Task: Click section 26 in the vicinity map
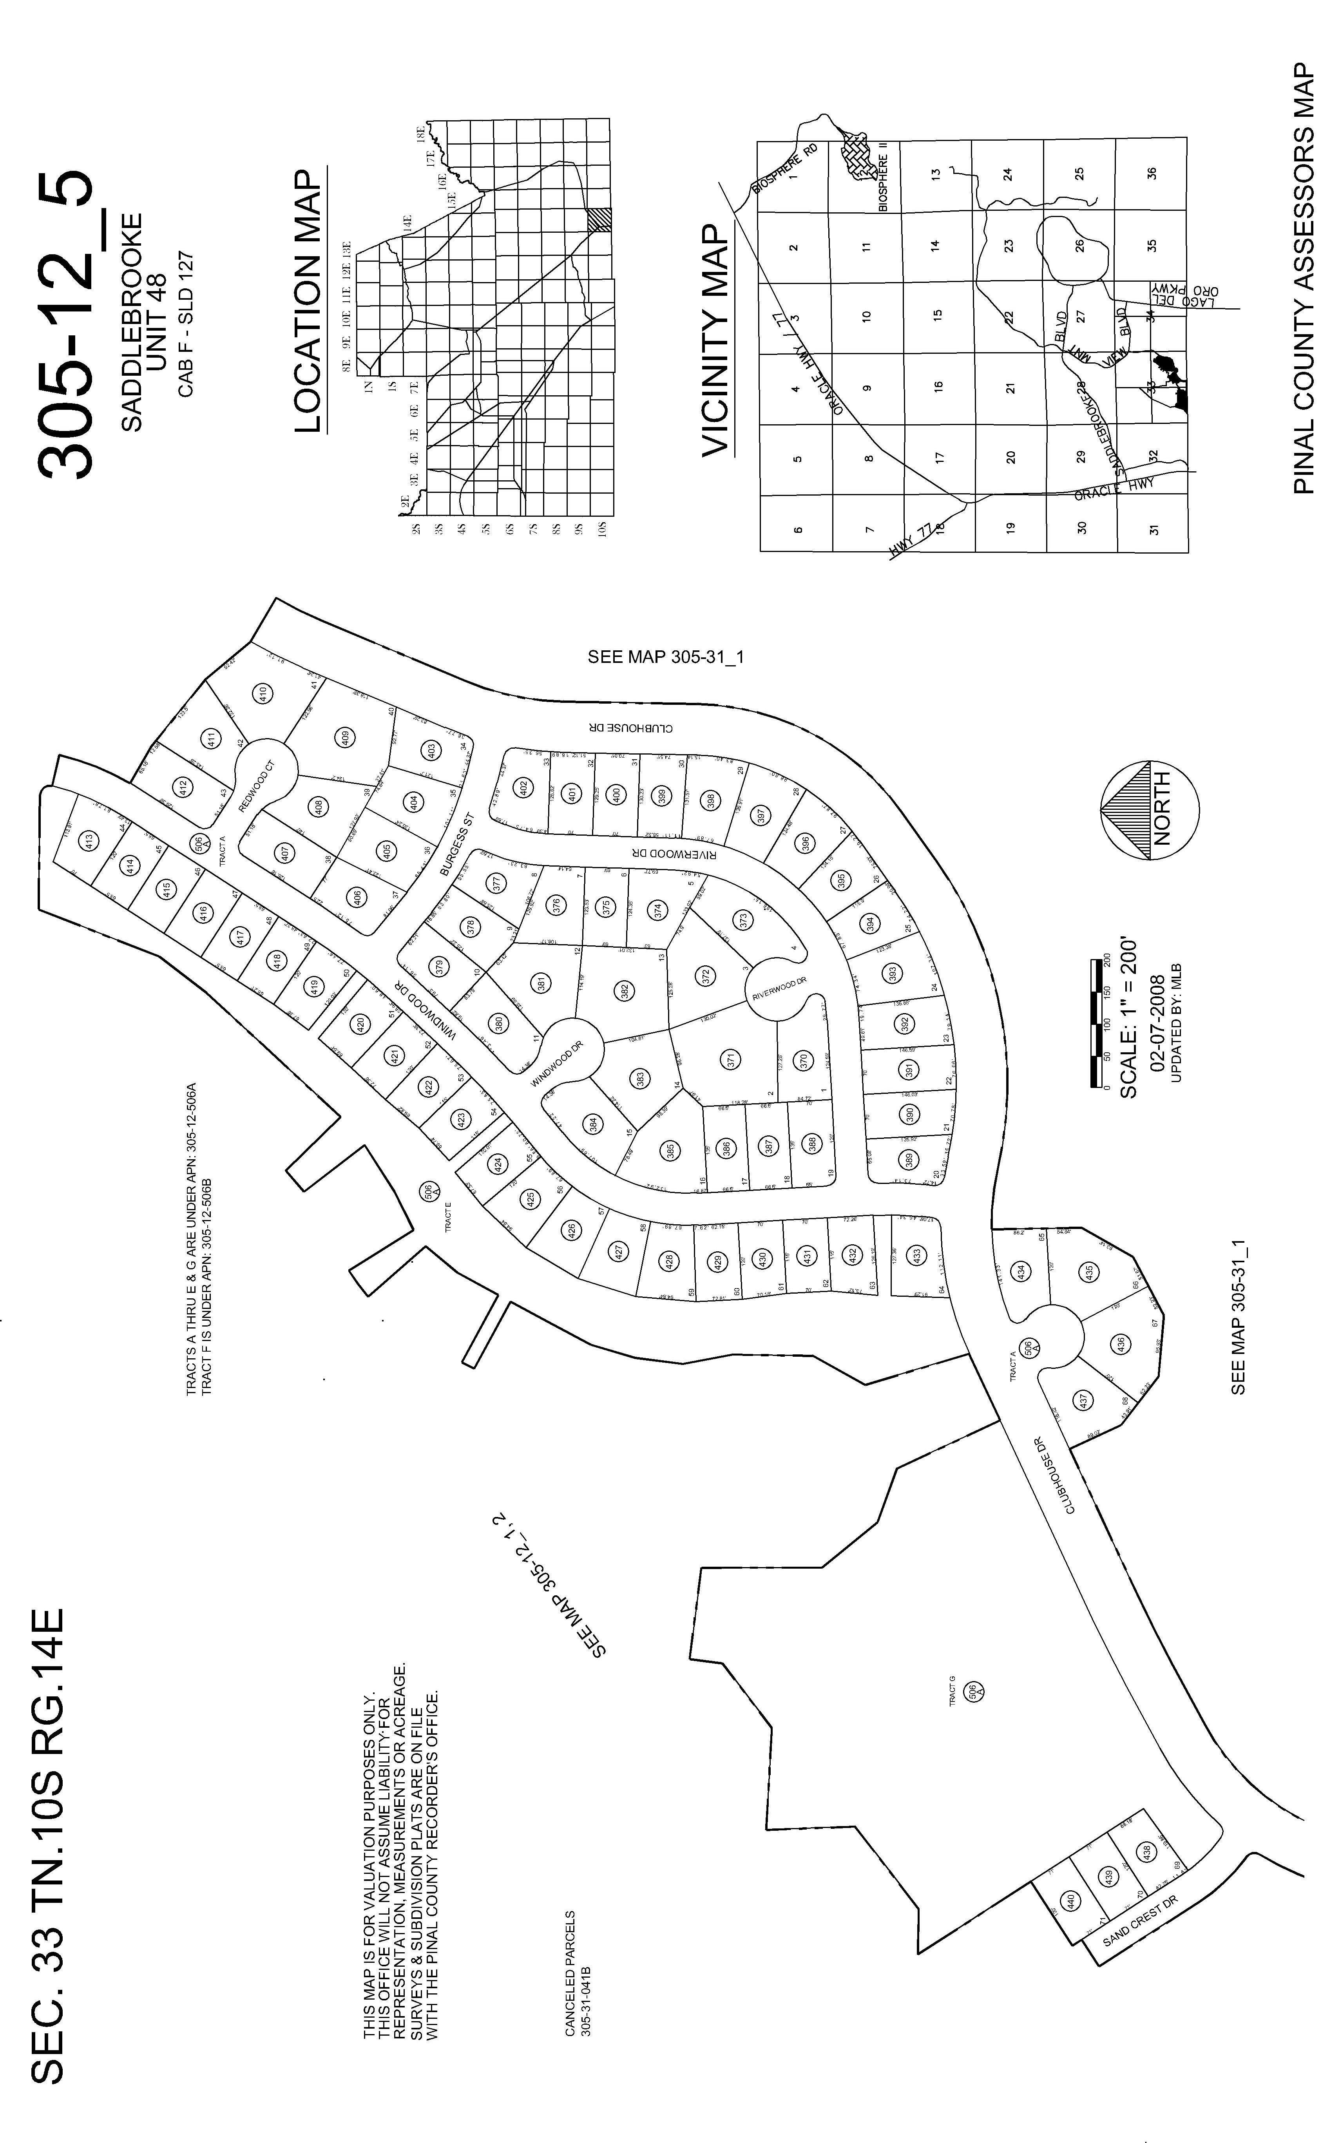[1080, 246]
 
